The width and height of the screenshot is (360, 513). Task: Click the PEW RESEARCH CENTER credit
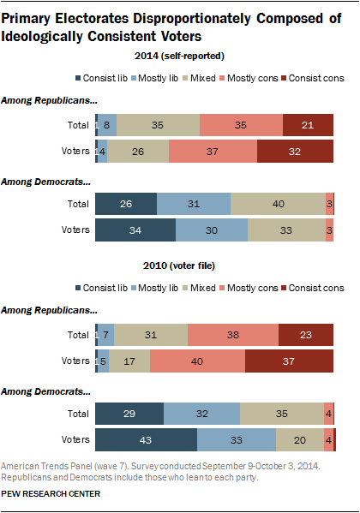51,493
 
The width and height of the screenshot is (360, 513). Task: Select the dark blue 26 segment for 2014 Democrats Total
125,204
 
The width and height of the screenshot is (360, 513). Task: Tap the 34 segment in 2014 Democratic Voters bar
135,230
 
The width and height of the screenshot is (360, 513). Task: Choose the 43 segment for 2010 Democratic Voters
146,439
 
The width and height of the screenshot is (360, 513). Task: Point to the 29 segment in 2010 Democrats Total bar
129,413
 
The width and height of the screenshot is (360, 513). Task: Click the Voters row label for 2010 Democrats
75,439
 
